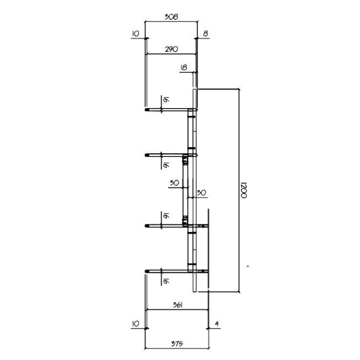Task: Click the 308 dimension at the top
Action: [171, 17]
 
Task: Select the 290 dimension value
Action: [171, 49]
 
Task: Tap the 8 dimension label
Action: [206, 34]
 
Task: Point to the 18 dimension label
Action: [184, 67]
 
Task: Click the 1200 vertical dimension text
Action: [244, 190]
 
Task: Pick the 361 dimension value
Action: [178, 305]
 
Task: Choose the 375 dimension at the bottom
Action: [177, 343]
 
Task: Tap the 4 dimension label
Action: [217, 324]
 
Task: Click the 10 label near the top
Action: [136, 34]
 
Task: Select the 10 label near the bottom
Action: [136, 324]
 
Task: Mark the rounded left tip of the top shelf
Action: [146, 110]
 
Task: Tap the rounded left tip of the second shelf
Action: [146, 155]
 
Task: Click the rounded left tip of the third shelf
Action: [146, 226]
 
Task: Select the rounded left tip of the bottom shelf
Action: [146, 271]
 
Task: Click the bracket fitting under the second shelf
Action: [185, 160]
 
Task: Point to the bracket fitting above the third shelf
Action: [185, 220]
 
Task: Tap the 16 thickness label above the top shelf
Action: [166, 100]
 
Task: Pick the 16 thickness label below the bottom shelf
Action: [166, 281]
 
